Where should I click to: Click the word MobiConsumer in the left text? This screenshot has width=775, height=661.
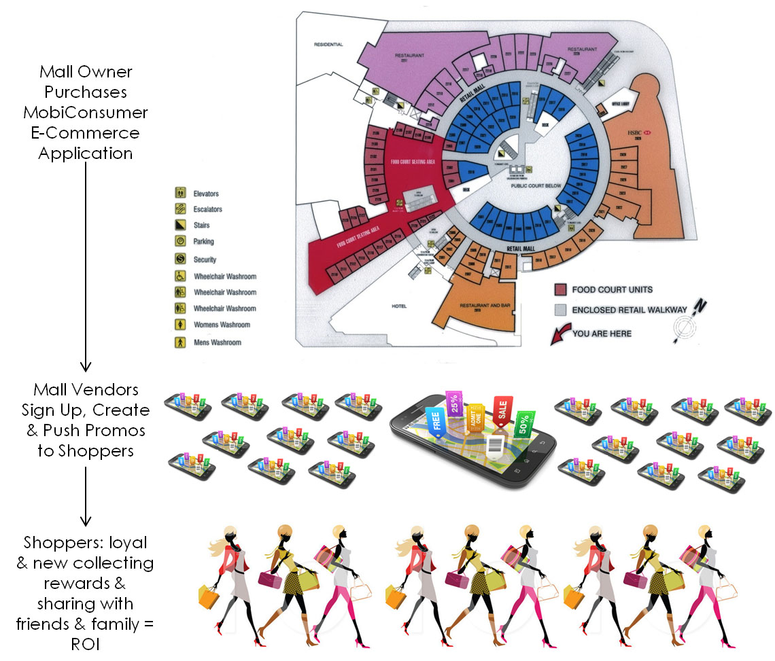point(85,112)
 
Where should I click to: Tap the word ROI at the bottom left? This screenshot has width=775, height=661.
point(85,644)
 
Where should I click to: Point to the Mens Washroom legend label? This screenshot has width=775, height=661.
point(217,342)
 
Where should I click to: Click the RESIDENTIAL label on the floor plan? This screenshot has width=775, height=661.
point(328,45)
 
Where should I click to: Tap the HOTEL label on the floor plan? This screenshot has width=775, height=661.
point(399,306)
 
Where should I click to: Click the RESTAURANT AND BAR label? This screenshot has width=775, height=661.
point(485,306)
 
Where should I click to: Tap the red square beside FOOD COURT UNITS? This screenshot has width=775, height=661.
point(561,290)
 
